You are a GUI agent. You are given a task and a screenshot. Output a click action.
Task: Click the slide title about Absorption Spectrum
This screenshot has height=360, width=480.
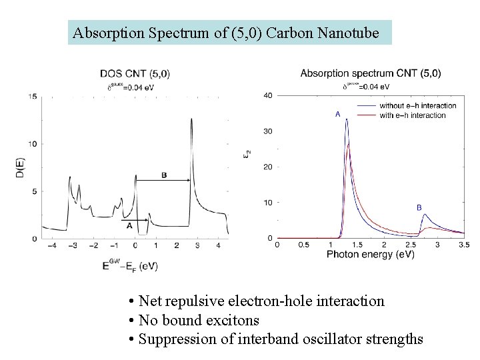click(x=230, y=33)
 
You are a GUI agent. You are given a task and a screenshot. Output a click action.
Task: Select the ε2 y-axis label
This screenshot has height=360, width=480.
click(x=248, y=153)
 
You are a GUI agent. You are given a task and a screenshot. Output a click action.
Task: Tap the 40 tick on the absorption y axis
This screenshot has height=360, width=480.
click(x=268, y=95)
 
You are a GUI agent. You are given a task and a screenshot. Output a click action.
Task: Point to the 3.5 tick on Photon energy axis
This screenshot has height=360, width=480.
click(x=464, y=245)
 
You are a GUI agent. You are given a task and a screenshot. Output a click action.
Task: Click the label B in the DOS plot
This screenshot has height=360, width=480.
click(x=164, y=175)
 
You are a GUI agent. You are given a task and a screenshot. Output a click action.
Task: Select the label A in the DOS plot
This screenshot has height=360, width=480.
click(x=129, y=226)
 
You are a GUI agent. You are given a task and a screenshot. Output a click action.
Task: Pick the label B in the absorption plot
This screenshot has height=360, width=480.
click(x=419, y=207)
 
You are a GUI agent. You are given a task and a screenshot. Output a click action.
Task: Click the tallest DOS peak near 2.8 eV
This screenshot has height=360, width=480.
click(x=191, y=119)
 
